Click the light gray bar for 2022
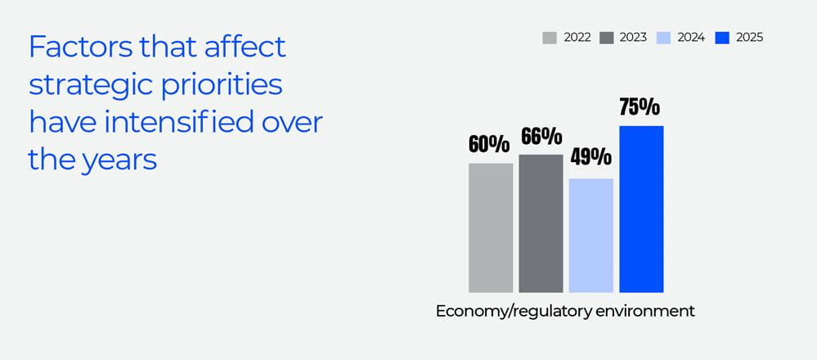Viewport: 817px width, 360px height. (491, 227)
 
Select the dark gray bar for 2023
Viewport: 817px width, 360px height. (541, 223)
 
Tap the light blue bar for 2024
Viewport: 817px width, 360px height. (591, 235)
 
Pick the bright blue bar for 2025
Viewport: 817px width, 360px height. (641, 209)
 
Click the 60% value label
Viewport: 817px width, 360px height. (489, 144)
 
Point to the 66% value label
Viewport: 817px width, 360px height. (541, 136)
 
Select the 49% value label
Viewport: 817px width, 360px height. (591, 157)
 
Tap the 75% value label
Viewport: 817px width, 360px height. (640, 107)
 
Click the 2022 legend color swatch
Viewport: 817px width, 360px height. (550, 38)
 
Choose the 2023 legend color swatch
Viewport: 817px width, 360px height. (607, 38)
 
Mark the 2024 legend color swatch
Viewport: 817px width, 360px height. (664, 38)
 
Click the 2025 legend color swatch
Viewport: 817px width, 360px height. (721, 38)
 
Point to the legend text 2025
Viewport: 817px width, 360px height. (749, 38)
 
